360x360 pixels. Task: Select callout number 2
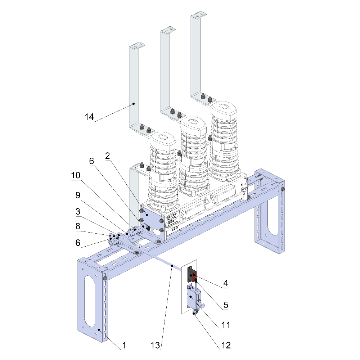pyautogui.click(x=107, y=156)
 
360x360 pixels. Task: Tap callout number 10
pyautogui.click(x=76, y=175)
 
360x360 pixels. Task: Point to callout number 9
pyautogui.click(x=77, y=195)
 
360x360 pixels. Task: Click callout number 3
pyautogui.click(x=77, y=212)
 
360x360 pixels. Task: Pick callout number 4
pyautogui.click(x=225, y=284)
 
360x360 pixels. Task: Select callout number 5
pyautogui.click(x=225, y=306)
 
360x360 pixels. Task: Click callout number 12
pyautogui.click(x=225, y=345)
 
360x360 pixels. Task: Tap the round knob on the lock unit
pyautogui.click(x=203, y=306)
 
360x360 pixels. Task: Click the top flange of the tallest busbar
pyautogui.click(x=199, y=15)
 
